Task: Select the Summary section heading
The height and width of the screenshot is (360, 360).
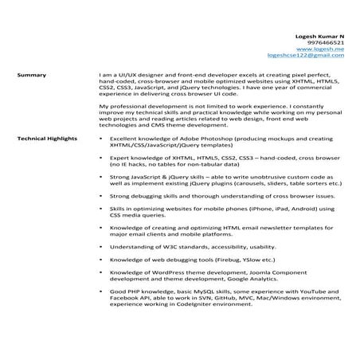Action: pos(31,76)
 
